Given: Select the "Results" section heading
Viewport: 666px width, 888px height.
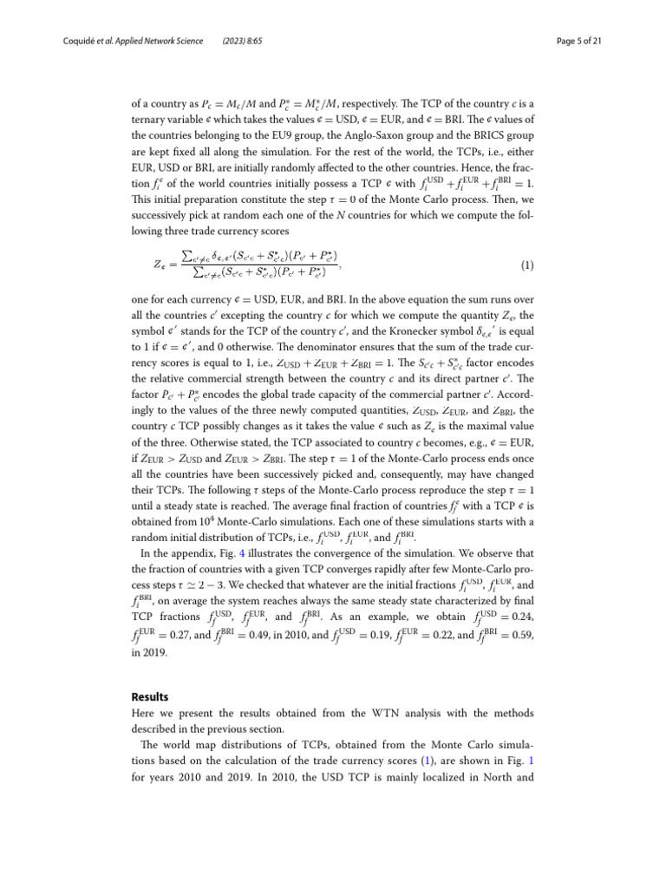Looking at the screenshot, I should (x=151, y=696).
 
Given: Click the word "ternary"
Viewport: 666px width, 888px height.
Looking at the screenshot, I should (x=152, y=120).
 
